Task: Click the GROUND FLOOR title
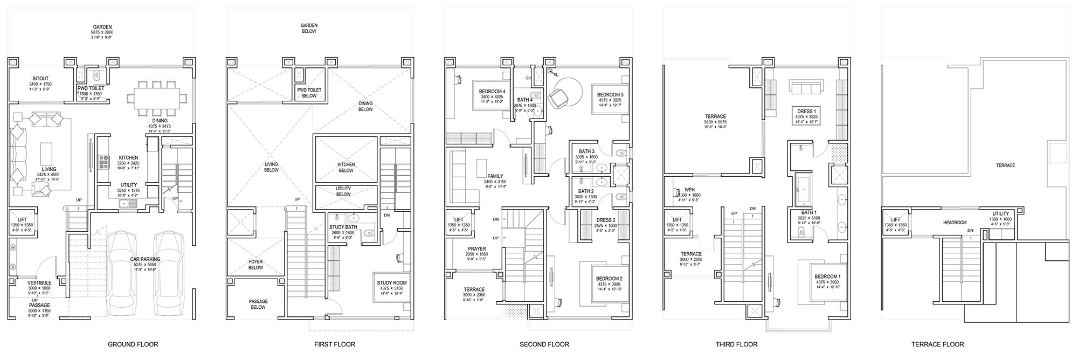point(133,344)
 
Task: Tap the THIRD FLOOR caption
point(736,344)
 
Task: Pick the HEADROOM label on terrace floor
point(954,223)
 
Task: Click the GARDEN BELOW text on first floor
point(309,28)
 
